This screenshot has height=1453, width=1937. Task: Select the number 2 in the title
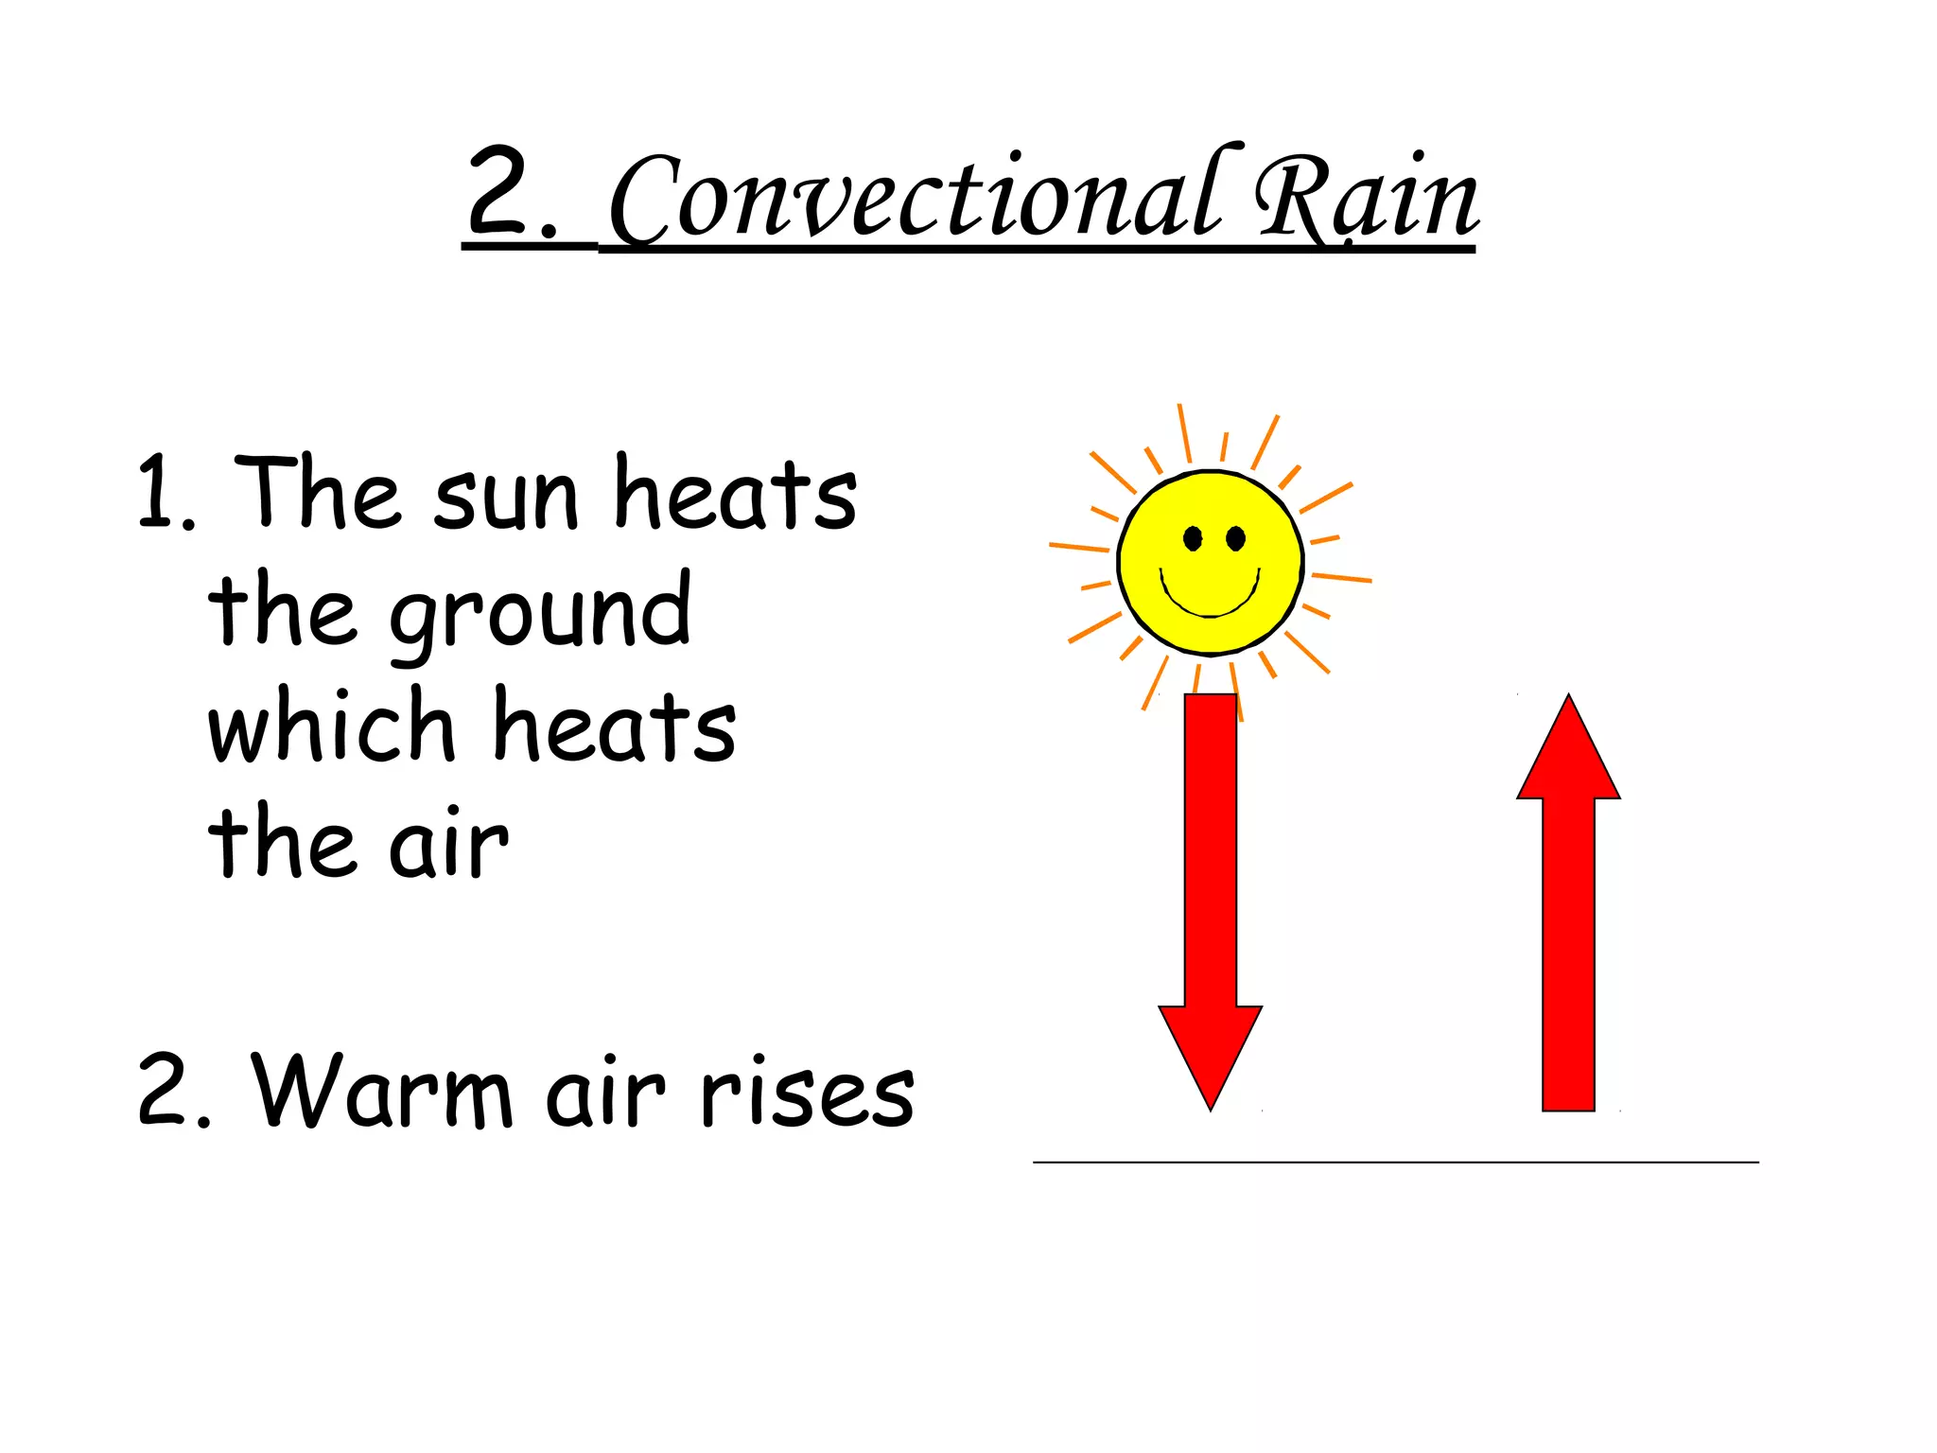pyautogui.click(x=499, y=191)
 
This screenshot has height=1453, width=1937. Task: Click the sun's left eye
pyautogui.click(x=1193, y=539)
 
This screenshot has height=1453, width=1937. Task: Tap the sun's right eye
pyautogui.click(x=1235, y=539)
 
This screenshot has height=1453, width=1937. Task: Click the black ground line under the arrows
pyautogui.click(x=1395, y=1162)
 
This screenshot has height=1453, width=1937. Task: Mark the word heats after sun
pyautogui.click(x=735, y=494)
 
